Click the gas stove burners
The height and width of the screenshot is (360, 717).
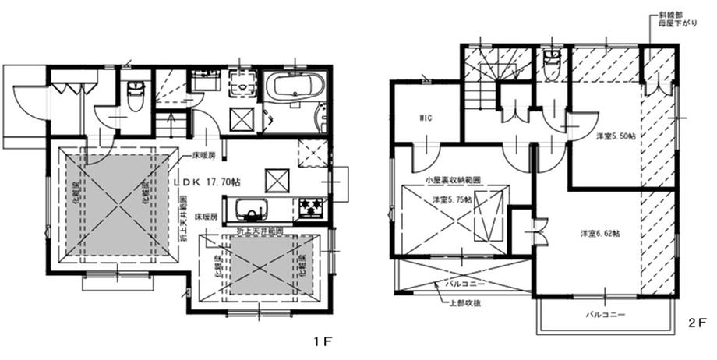pos(312,208)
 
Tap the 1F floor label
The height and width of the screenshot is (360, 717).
pos(322,341)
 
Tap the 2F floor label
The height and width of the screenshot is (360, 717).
pos(696,320)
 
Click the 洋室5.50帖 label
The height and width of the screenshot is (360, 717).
pos(616,136)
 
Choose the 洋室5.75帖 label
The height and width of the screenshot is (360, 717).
pos(452,199)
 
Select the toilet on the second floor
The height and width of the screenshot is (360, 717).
pos(551,62)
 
